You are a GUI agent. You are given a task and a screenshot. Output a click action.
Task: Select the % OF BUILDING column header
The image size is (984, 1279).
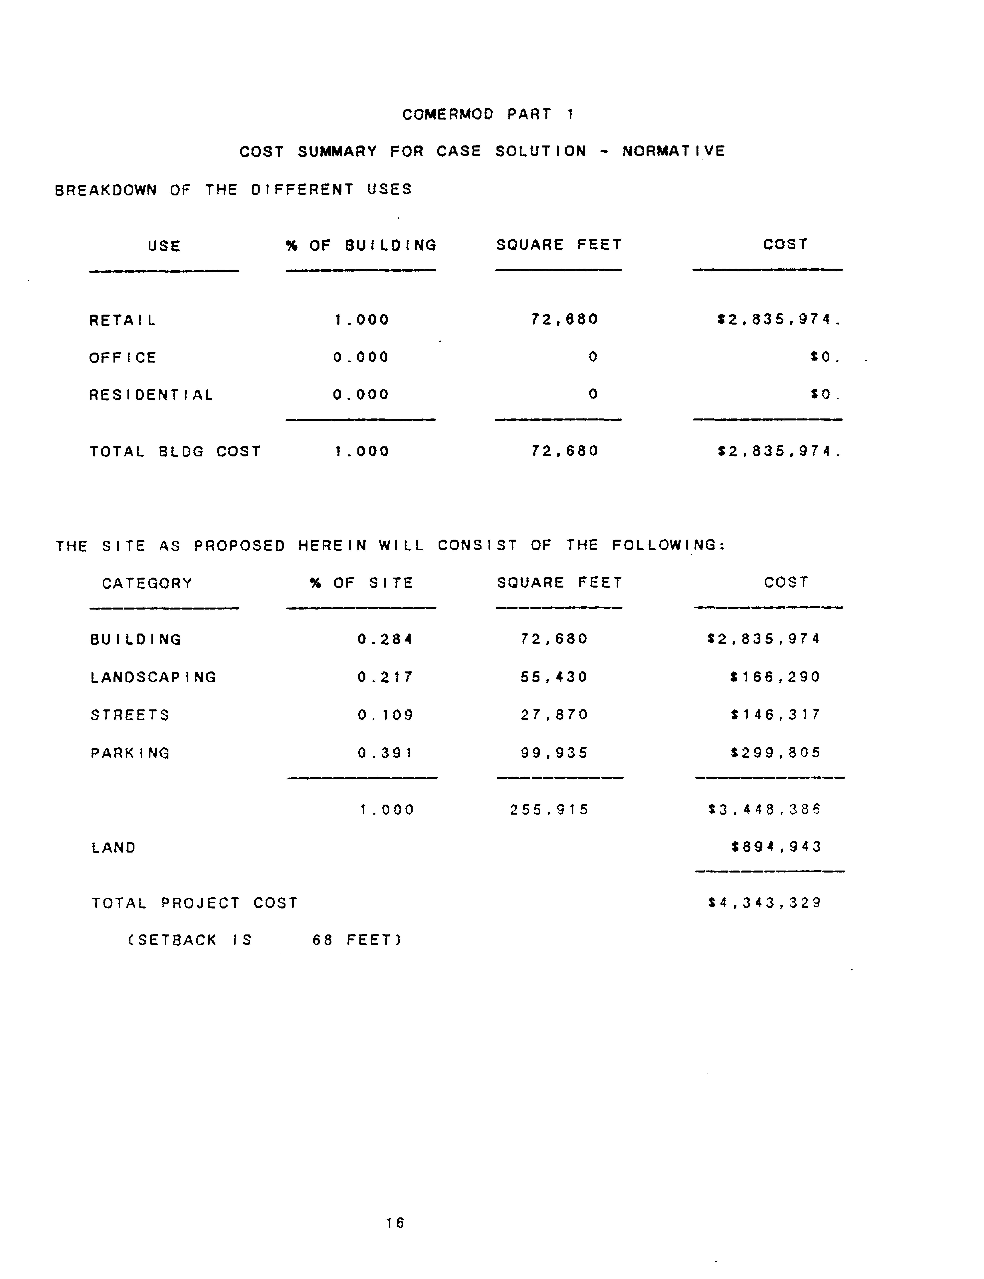click(361, 245)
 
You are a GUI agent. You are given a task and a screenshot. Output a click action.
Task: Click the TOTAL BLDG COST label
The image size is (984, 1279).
click(175, 451)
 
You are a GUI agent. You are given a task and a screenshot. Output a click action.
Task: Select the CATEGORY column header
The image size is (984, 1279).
click(147, 584)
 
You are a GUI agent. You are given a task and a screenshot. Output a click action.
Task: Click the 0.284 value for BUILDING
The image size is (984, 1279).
click(385, 639)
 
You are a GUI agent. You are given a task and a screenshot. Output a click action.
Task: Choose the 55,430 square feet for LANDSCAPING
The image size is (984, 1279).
click(554, 677)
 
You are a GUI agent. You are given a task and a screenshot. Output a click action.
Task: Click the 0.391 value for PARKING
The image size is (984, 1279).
click(385, 753)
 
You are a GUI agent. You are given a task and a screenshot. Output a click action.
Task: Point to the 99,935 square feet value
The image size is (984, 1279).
click(554, 753)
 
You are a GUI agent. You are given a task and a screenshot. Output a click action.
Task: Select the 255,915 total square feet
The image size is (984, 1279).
click(549, 810)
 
